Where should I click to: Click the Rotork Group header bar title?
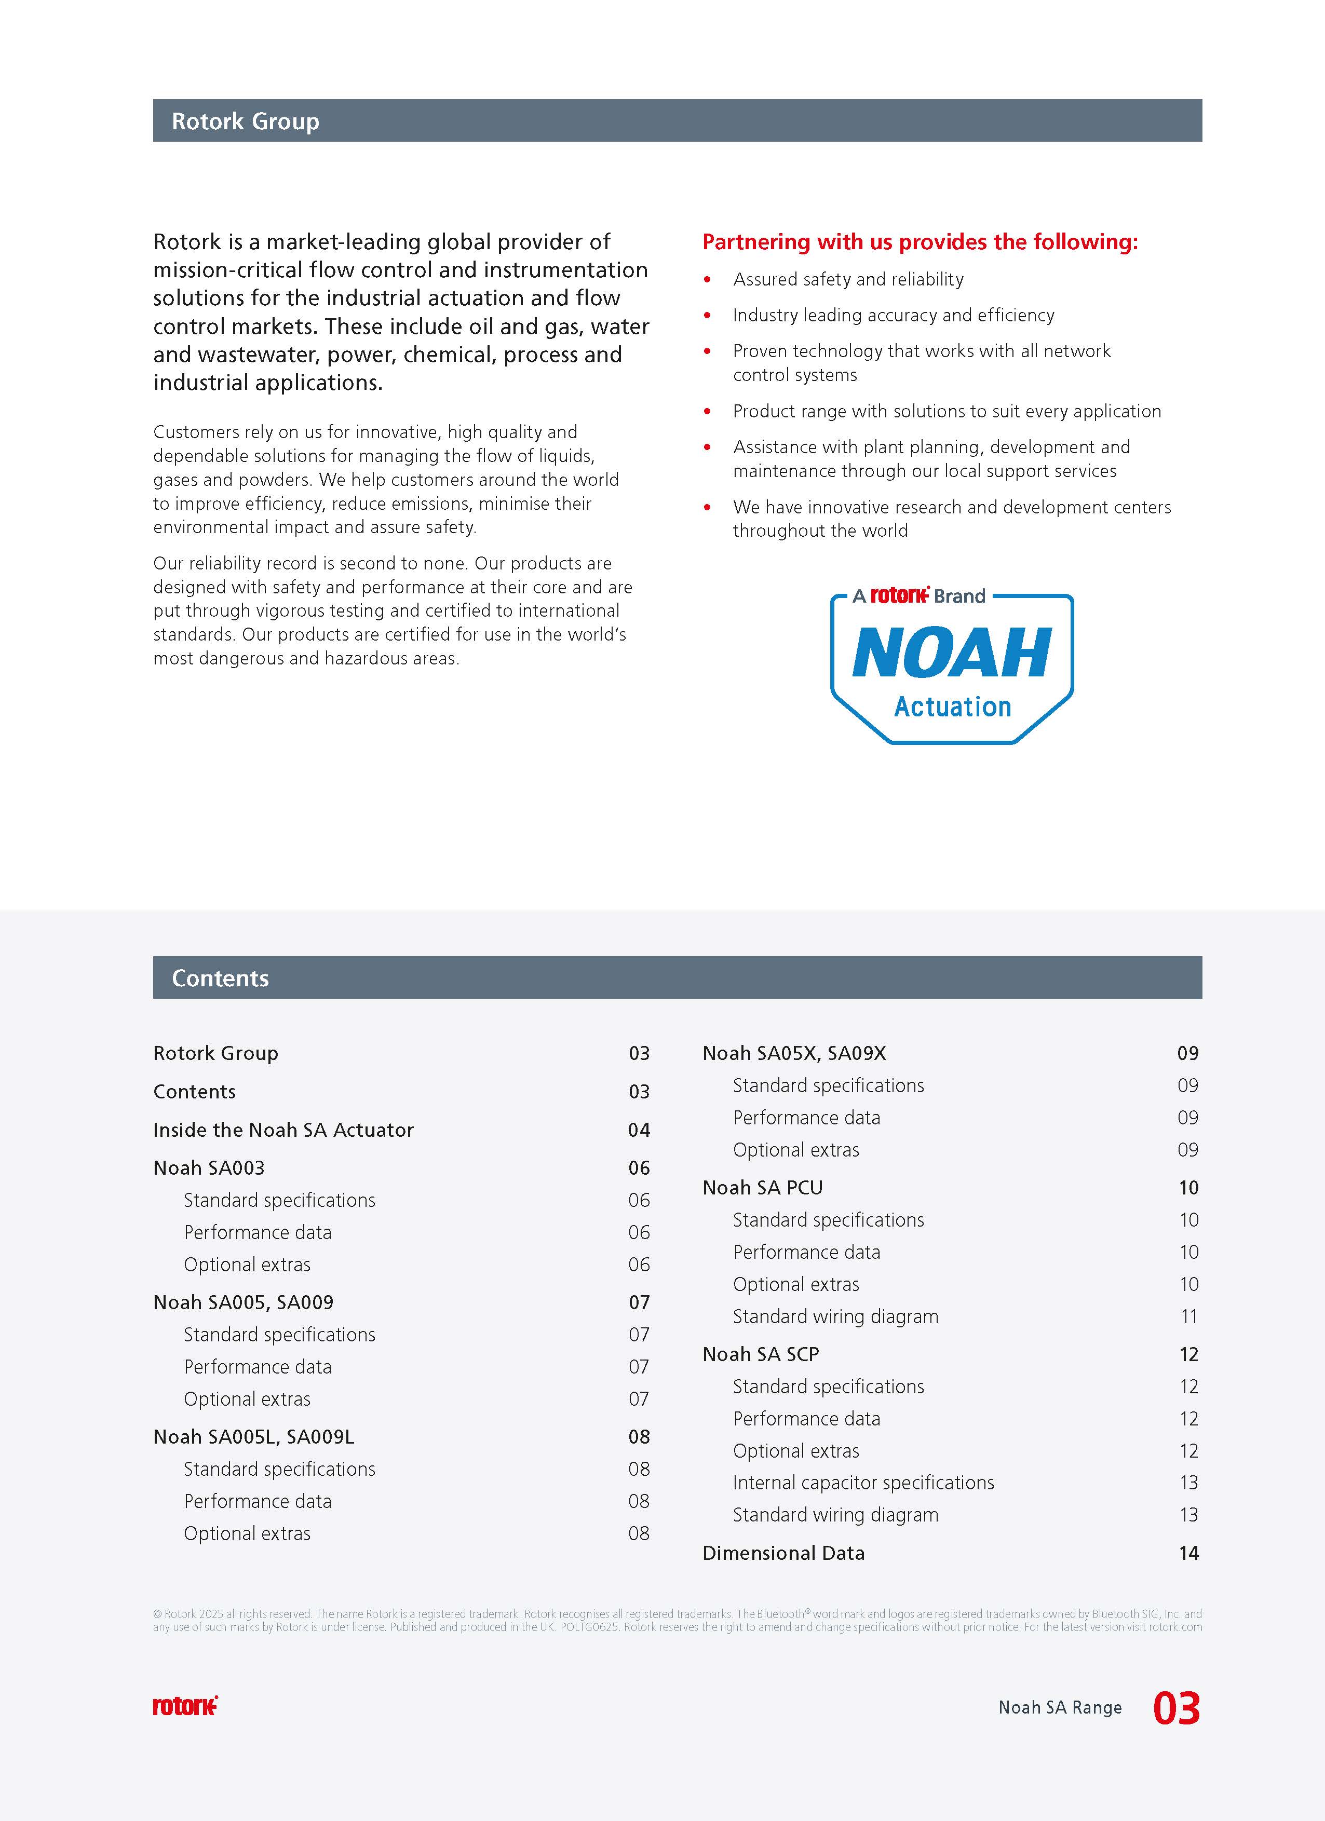[x=245, y=121]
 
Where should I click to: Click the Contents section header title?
[x=220, y=978]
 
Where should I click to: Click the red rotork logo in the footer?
[x=185, y=1706]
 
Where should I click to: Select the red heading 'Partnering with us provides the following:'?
[x=920, y=242]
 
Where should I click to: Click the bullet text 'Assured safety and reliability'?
[x=848, y=279]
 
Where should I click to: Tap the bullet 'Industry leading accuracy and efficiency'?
[x=893, y=316]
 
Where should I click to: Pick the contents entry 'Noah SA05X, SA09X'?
[x=794, y=1053]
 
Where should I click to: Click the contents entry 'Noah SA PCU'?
[x=762, y=1188]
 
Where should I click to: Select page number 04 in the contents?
[x=639, y=1130]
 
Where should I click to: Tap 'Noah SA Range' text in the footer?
[x=1059, y=1708]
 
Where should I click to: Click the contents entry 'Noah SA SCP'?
[x=761, y=1354]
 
